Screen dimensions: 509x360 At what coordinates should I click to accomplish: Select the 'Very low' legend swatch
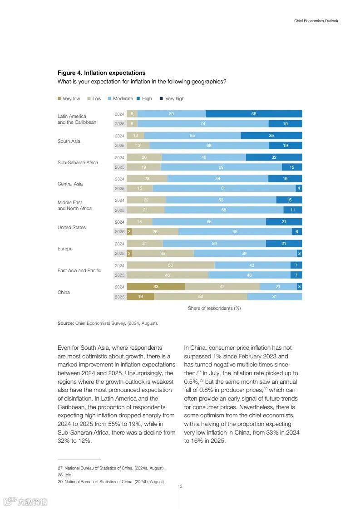59,98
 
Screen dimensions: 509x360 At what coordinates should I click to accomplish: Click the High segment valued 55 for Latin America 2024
253,114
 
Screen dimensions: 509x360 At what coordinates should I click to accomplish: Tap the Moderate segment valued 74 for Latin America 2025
202,123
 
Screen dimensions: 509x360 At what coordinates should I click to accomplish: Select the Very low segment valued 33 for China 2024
156,287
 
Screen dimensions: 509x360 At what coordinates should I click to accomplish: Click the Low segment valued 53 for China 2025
200,297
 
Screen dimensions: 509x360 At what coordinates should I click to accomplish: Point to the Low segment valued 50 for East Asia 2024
170,265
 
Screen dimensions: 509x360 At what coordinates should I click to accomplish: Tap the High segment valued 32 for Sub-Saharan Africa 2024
274,157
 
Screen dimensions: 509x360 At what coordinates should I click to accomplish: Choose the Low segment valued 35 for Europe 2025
163,254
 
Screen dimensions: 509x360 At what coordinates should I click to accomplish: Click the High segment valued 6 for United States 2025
296,232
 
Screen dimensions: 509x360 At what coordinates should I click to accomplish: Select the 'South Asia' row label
69,141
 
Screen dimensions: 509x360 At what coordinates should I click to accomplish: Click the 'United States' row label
71,227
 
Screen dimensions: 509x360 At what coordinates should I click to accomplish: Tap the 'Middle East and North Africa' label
74,206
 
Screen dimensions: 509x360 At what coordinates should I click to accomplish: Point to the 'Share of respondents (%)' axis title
214,308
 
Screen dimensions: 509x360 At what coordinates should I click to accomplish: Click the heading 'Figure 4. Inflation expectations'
101,73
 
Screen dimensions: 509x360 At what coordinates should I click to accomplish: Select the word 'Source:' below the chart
65,323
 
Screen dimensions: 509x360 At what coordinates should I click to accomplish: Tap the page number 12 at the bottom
180,486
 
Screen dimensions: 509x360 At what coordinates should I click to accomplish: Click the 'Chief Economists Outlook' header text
316,21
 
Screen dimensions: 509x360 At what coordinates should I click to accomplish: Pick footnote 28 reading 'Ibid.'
68,475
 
